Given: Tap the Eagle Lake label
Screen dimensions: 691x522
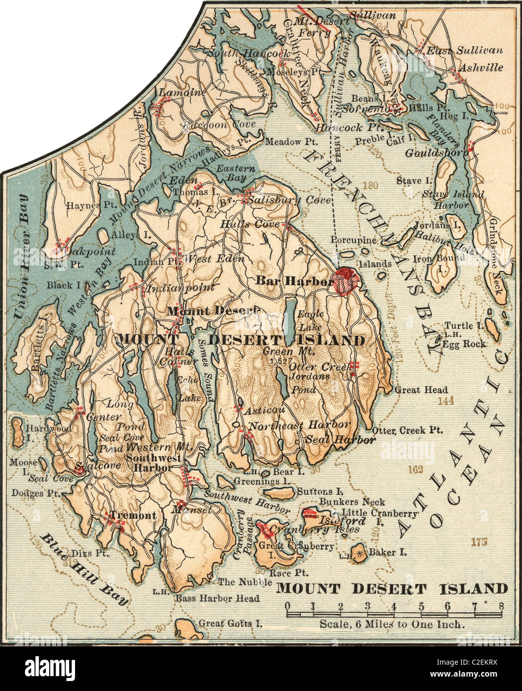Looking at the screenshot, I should tap(311, 321).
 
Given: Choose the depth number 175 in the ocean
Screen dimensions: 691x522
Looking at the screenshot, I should tap(481, 541).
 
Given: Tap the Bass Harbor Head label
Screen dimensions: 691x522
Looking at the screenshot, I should tap(217, 599).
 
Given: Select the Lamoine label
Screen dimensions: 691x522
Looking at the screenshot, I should tap(175, 92).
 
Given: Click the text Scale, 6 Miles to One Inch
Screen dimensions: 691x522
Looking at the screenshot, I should tap(392, 624).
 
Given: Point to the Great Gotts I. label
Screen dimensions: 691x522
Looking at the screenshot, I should tap(230, 622).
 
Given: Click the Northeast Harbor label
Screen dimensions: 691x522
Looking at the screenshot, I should tap(299, 426).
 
